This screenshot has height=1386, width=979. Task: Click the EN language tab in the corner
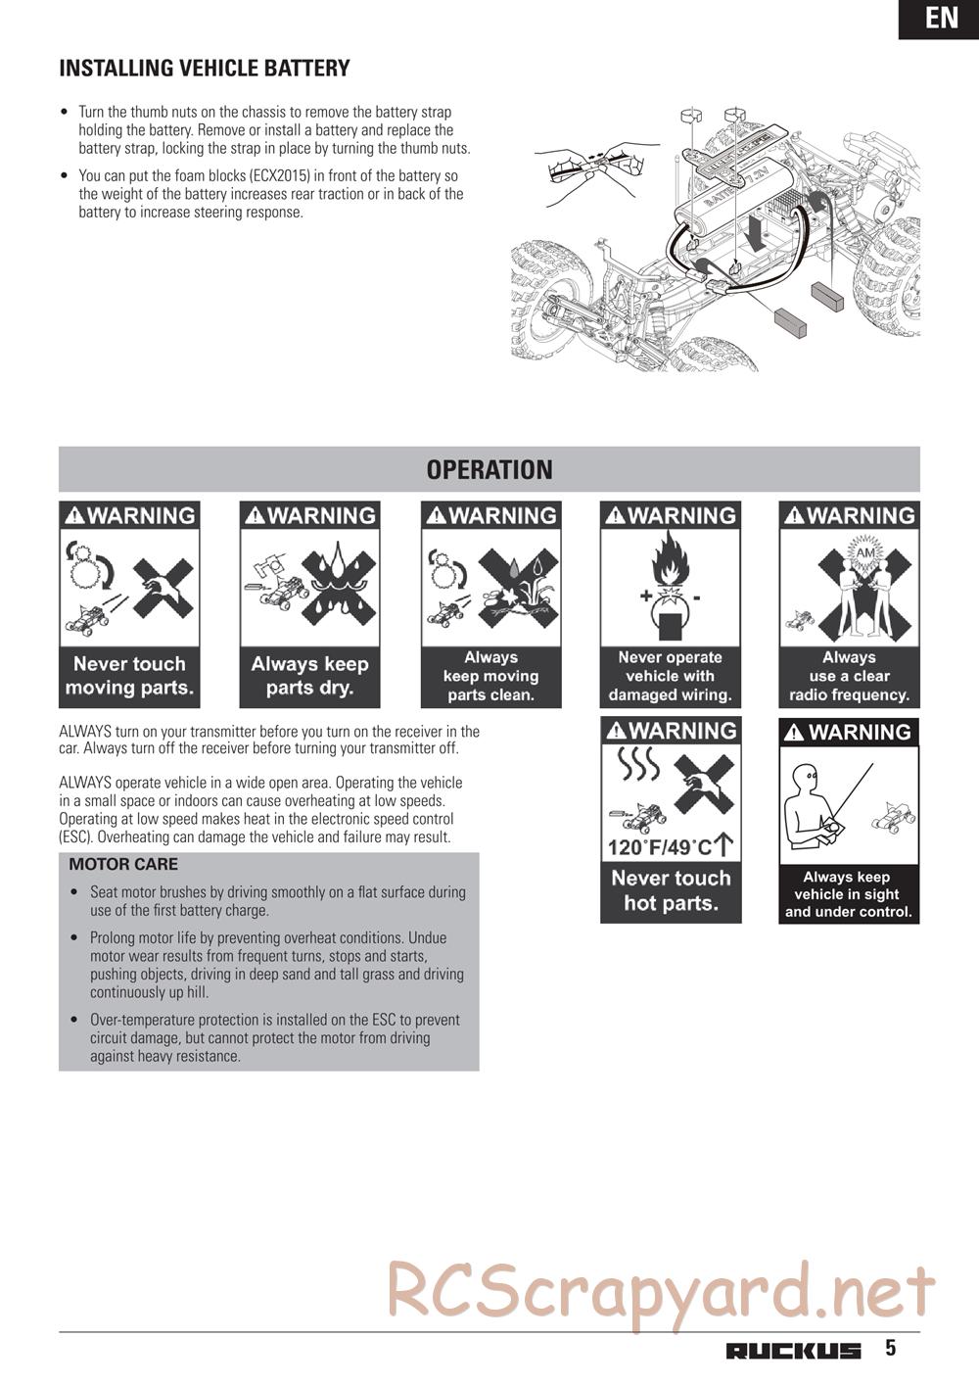pyautogui.click(x=941, y=18)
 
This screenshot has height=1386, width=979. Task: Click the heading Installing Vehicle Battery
pyautogui.click(x=205, y=69)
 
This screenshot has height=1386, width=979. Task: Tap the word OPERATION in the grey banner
pyautogui.click(x=489, y=470)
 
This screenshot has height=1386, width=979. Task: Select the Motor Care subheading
pyautogui.click(x=123, y=865)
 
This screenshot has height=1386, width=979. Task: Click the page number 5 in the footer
pyautogui.click(x=890, y=1348)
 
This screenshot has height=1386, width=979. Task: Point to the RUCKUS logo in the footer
pyautogui.click(x=794, y=1351)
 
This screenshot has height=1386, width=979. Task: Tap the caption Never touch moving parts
pyautogui.click(x=129, y=676)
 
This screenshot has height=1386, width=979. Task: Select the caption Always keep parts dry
pyautogui.click(x=309, y=676)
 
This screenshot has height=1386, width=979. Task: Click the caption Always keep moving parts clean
pyautogui.click(x=490, y=676)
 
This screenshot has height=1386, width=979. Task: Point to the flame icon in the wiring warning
pyautogui.click(x=670, y=562)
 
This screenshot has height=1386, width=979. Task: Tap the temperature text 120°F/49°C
pyautogui.click(x=660, y=847)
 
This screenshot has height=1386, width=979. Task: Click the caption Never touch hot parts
pyautogui.click(x=671, y=890)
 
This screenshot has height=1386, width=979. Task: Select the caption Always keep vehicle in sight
pyautogui.click(x=848, y=894)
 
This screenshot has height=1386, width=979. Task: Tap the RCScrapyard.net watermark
pyautogui.click(x=661, y=1291)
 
